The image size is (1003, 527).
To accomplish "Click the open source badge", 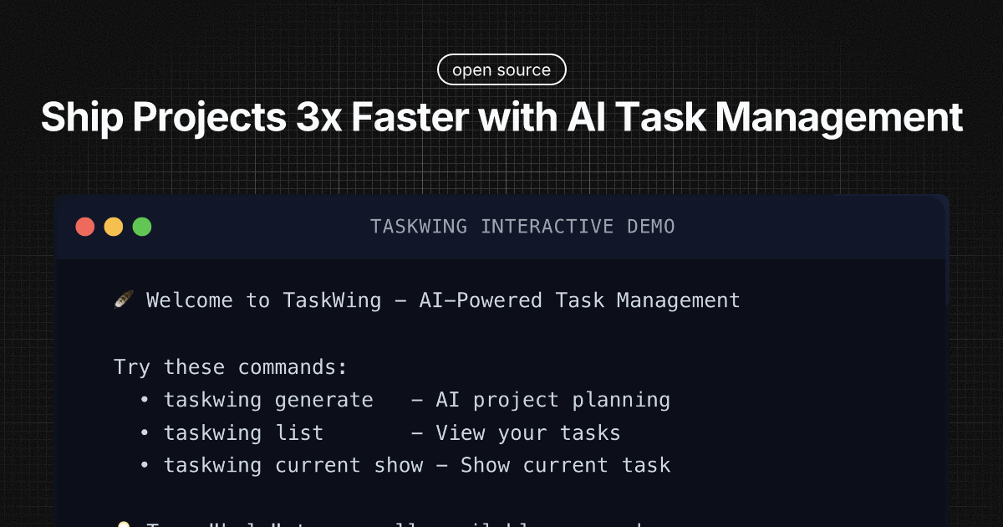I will [501, 70].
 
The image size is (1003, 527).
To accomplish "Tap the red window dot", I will [85, 226].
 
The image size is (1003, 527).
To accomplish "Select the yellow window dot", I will [114, 226].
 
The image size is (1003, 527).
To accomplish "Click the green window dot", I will [142, 226].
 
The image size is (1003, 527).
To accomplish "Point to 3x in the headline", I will [315, 118].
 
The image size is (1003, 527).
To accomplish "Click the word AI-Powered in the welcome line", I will [481, 300].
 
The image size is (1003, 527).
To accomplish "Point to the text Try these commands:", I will [231, 367].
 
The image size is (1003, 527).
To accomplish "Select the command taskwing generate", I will [268, 400].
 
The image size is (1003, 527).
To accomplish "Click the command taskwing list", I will [243, 432].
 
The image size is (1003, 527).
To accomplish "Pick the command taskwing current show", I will [293, 465].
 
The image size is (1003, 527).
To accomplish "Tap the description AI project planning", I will [553, 400].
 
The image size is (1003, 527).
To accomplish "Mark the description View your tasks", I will [528, 432].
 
